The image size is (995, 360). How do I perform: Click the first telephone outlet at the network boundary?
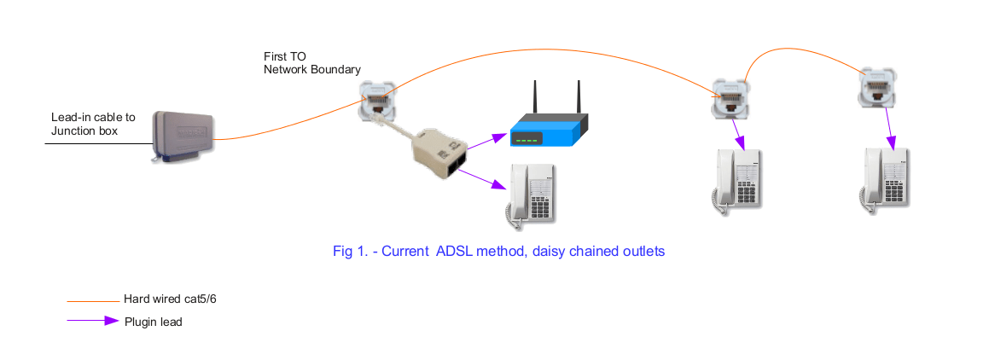377,101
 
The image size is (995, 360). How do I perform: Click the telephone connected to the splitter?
532,195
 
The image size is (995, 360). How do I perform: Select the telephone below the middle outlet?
736,179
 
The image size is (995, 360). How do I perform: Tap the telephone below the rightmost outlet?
884,179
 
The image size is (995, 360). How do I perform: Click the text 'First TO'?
284,55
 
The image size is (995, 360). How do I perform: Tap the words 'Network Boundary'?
311,69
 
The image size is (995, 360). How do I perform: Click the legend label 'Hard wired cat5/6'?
176,299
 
